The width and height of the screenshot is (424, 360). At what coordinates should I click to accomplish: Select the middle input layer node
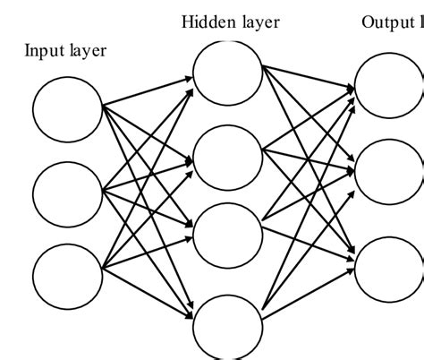click(x=67, y=190)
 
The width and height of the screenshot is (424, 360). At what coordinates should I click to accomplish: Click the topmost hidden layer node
click(x=228, y=71)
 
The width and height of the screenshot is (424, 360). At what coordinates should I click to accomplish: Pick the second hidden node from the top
click(x=228, y=159)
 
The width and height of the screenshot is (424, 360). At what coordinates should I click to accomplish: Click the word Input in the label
click(x=43, y=51)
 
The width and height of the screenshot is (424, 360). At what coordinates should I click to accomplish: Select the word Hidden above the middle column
click(x=206, y=21)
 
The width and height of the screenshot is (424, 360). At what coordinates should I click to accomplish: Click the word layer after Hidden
click(x=258, y=21)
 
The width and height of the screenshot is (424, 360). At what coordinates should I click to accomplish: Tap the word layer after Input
click(x=87, y=51)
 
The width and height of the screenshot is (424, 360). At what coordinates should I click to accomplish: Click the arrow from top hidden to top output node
click(x=309, y=79)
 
